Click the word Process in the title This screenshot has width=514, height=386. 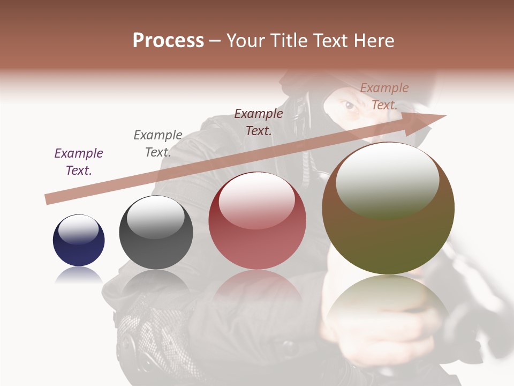[x=168, y=41]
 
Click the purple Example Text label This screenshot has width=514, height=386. [x=79, y=161]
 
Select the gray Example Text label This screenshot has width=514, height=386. [x=158, y=143]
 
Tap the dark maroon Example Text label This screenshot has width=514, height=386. [x=259, y=122]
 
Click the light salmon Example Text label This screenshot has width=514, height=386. [x=384, y=96]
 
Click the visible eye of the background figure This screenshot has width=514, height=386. [x=350, y=105]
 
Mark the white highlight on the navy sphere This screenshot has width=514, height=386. [x=78, y=229]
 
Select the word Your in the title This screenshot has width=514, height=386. [x=245, y=41]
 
